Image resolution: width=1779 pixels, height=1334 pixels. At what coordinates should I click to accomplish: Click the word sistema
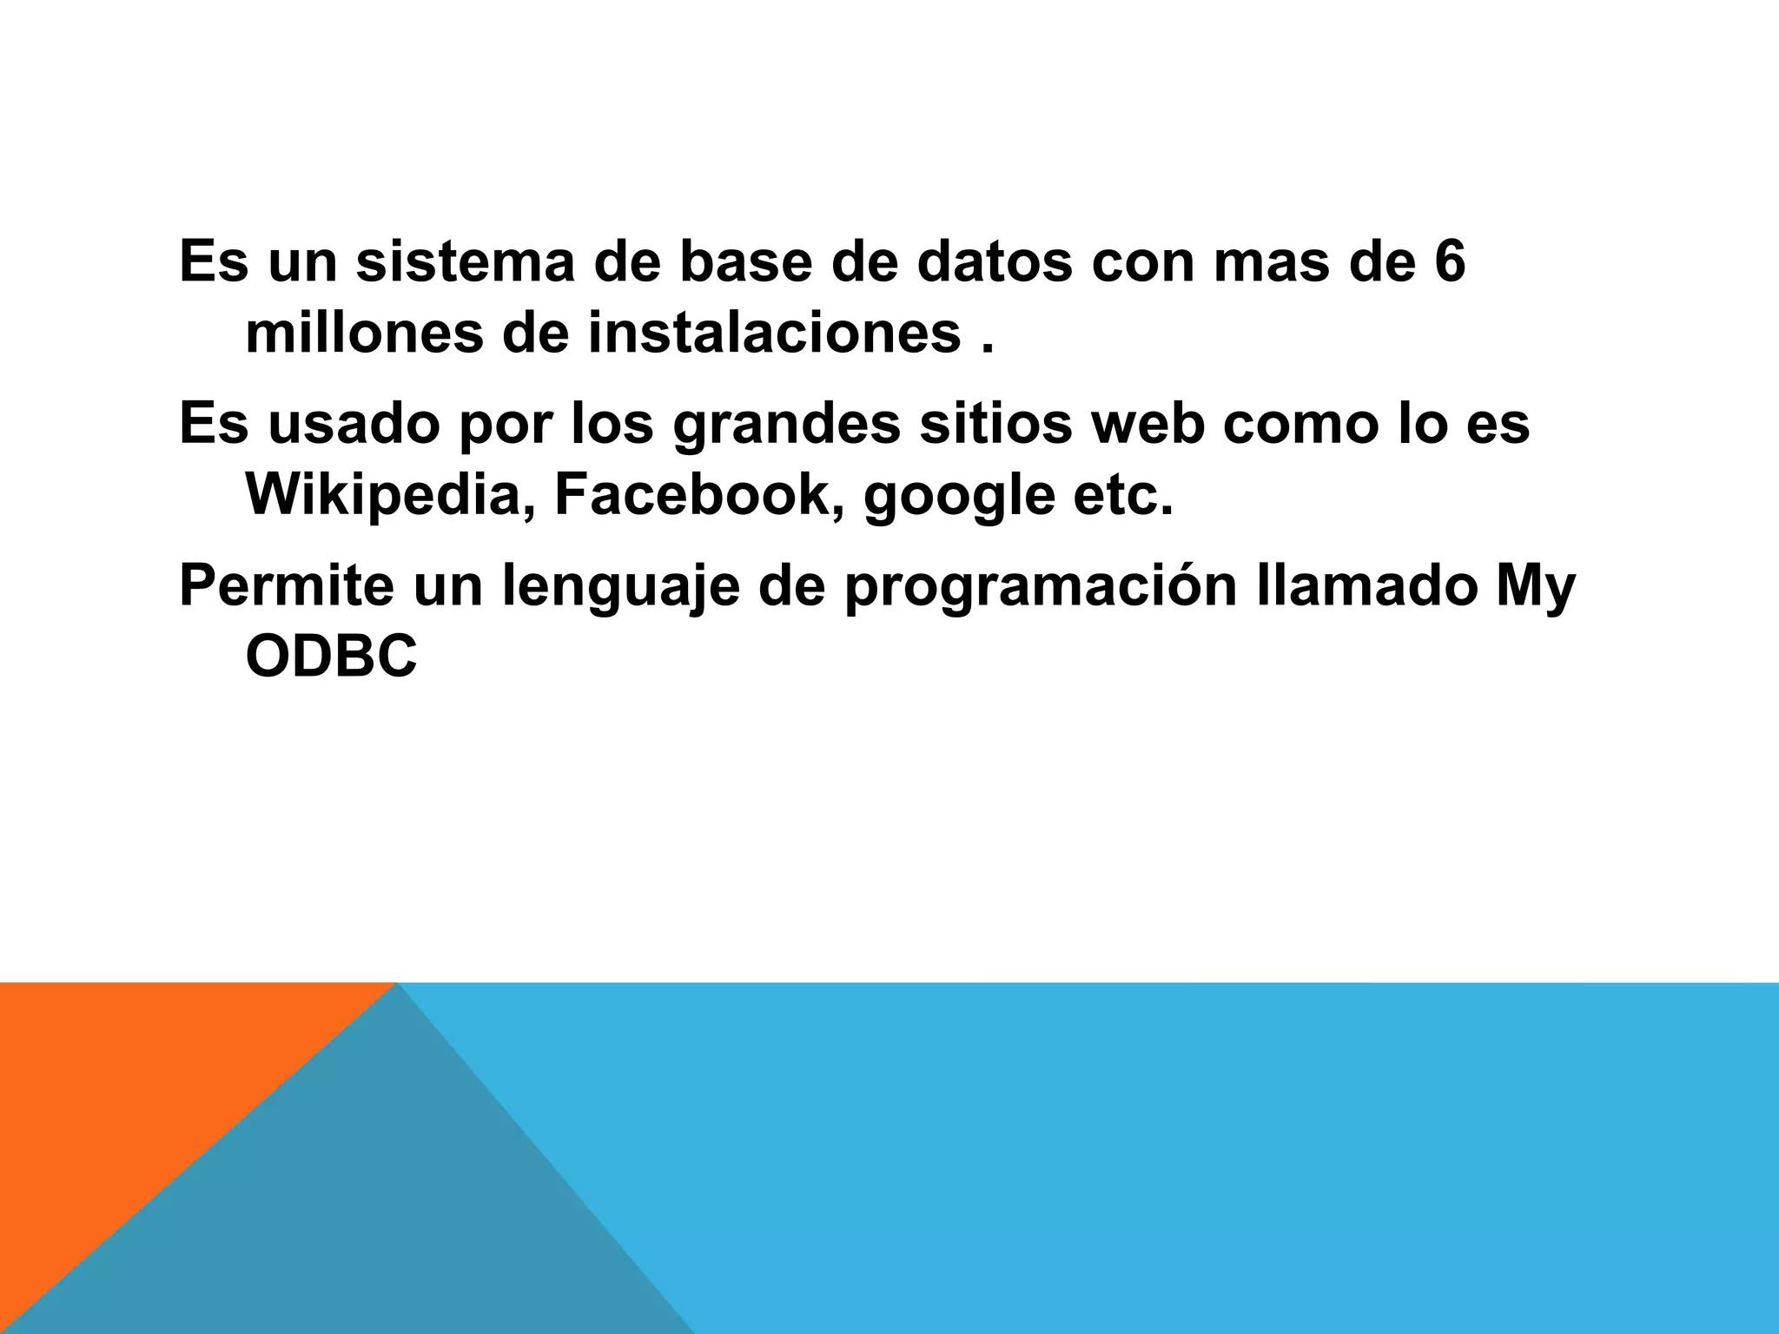(465, 262)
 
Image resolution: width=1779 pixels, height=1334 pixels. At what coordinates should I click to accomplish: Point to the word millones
(364, 333)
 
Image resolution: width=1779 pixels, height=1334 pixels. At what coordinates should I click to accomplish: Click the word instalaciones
(775, 333)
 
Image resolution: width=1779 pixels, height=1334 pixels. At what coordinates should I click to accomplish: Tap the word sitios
(995, 425)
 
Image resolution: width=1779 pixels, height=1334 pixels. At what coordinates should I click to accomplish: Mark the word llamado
(1366, 587)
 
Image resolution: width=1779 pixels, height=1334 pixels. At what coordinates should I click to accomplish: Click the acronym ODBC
(331, 658)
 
